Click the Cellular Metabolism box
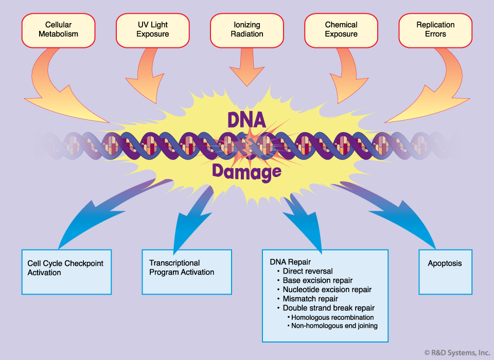click(58, 30)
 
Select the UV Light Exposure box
click(153, 30)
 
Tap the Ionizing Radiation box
click(247, 30)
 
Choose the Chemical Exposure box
click(341, 30)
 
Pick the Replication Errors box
click(435, 30)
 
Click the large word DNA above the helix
click(247, 119)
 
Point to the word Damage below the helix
click(247, 172)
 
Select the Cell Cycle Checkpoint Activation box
click(66, 272)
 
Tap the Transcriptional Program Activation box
click(186, 272)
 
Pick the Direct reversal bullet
click(307, 271)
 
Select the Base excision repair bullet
click(317, 280)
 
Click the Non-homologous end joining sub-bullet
click(333, 326)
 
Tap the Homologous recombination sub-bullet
click(332, 317)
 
